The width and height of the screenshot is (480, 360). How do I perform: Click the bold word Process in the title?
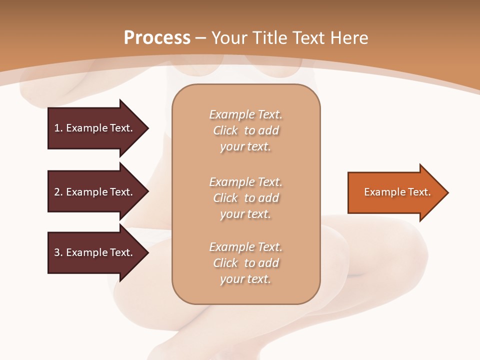tap(157, 38)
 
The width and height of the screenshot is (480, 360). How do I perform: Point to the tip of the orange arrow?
tap(447, 192)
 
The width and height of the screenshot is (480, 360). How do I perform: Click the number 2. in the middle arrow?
tap(58, 192)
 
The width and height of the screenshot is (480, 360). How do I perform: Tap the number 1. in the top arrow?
tap(58, 128)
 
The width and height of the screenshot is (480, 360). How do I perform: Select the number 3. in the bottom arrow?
tap(58, 252)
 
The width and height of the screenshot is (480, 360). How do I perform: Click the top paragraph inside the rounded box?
tap(246, 130)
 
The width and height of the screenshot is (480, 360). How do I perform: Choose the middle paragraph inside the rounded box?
tap(246, 198)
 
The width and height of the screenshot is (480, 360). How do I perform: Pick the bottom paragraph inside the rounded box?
tap(246, 263)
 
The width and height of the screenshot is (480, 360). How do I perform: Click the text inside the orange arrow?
tap(397, 192)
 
